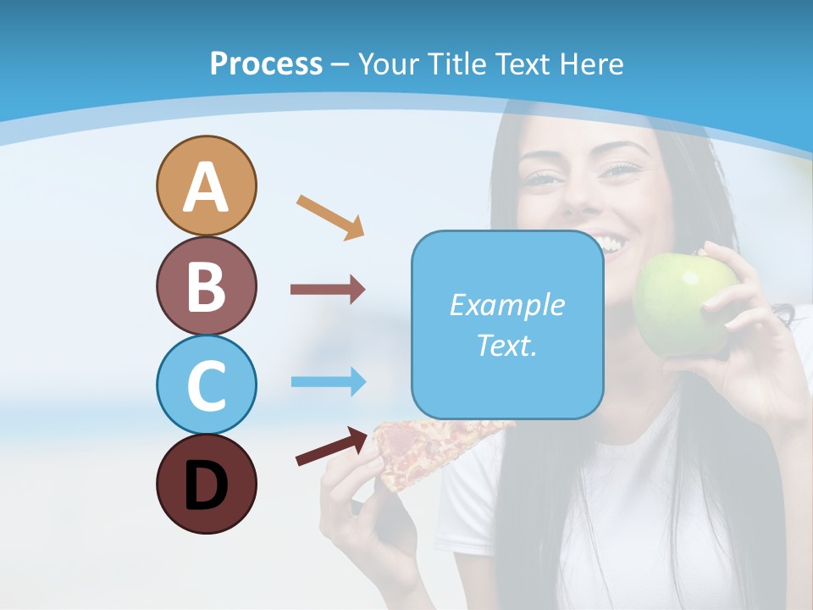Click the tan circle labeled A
[206, 186]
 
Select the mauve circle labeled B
[206, 286]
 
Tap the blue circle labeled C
[206, 385]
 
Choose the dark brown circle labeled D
[206, 484]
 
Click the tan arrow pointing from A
[330, 216]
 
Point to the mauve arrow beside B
[328, 290]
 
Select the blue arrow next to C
[328, 381]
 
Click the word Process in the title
[266, 64]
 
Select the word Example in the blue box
[506, 305]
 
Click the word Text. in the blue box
[506, 345]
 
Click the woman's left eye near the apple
[624, 169]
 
